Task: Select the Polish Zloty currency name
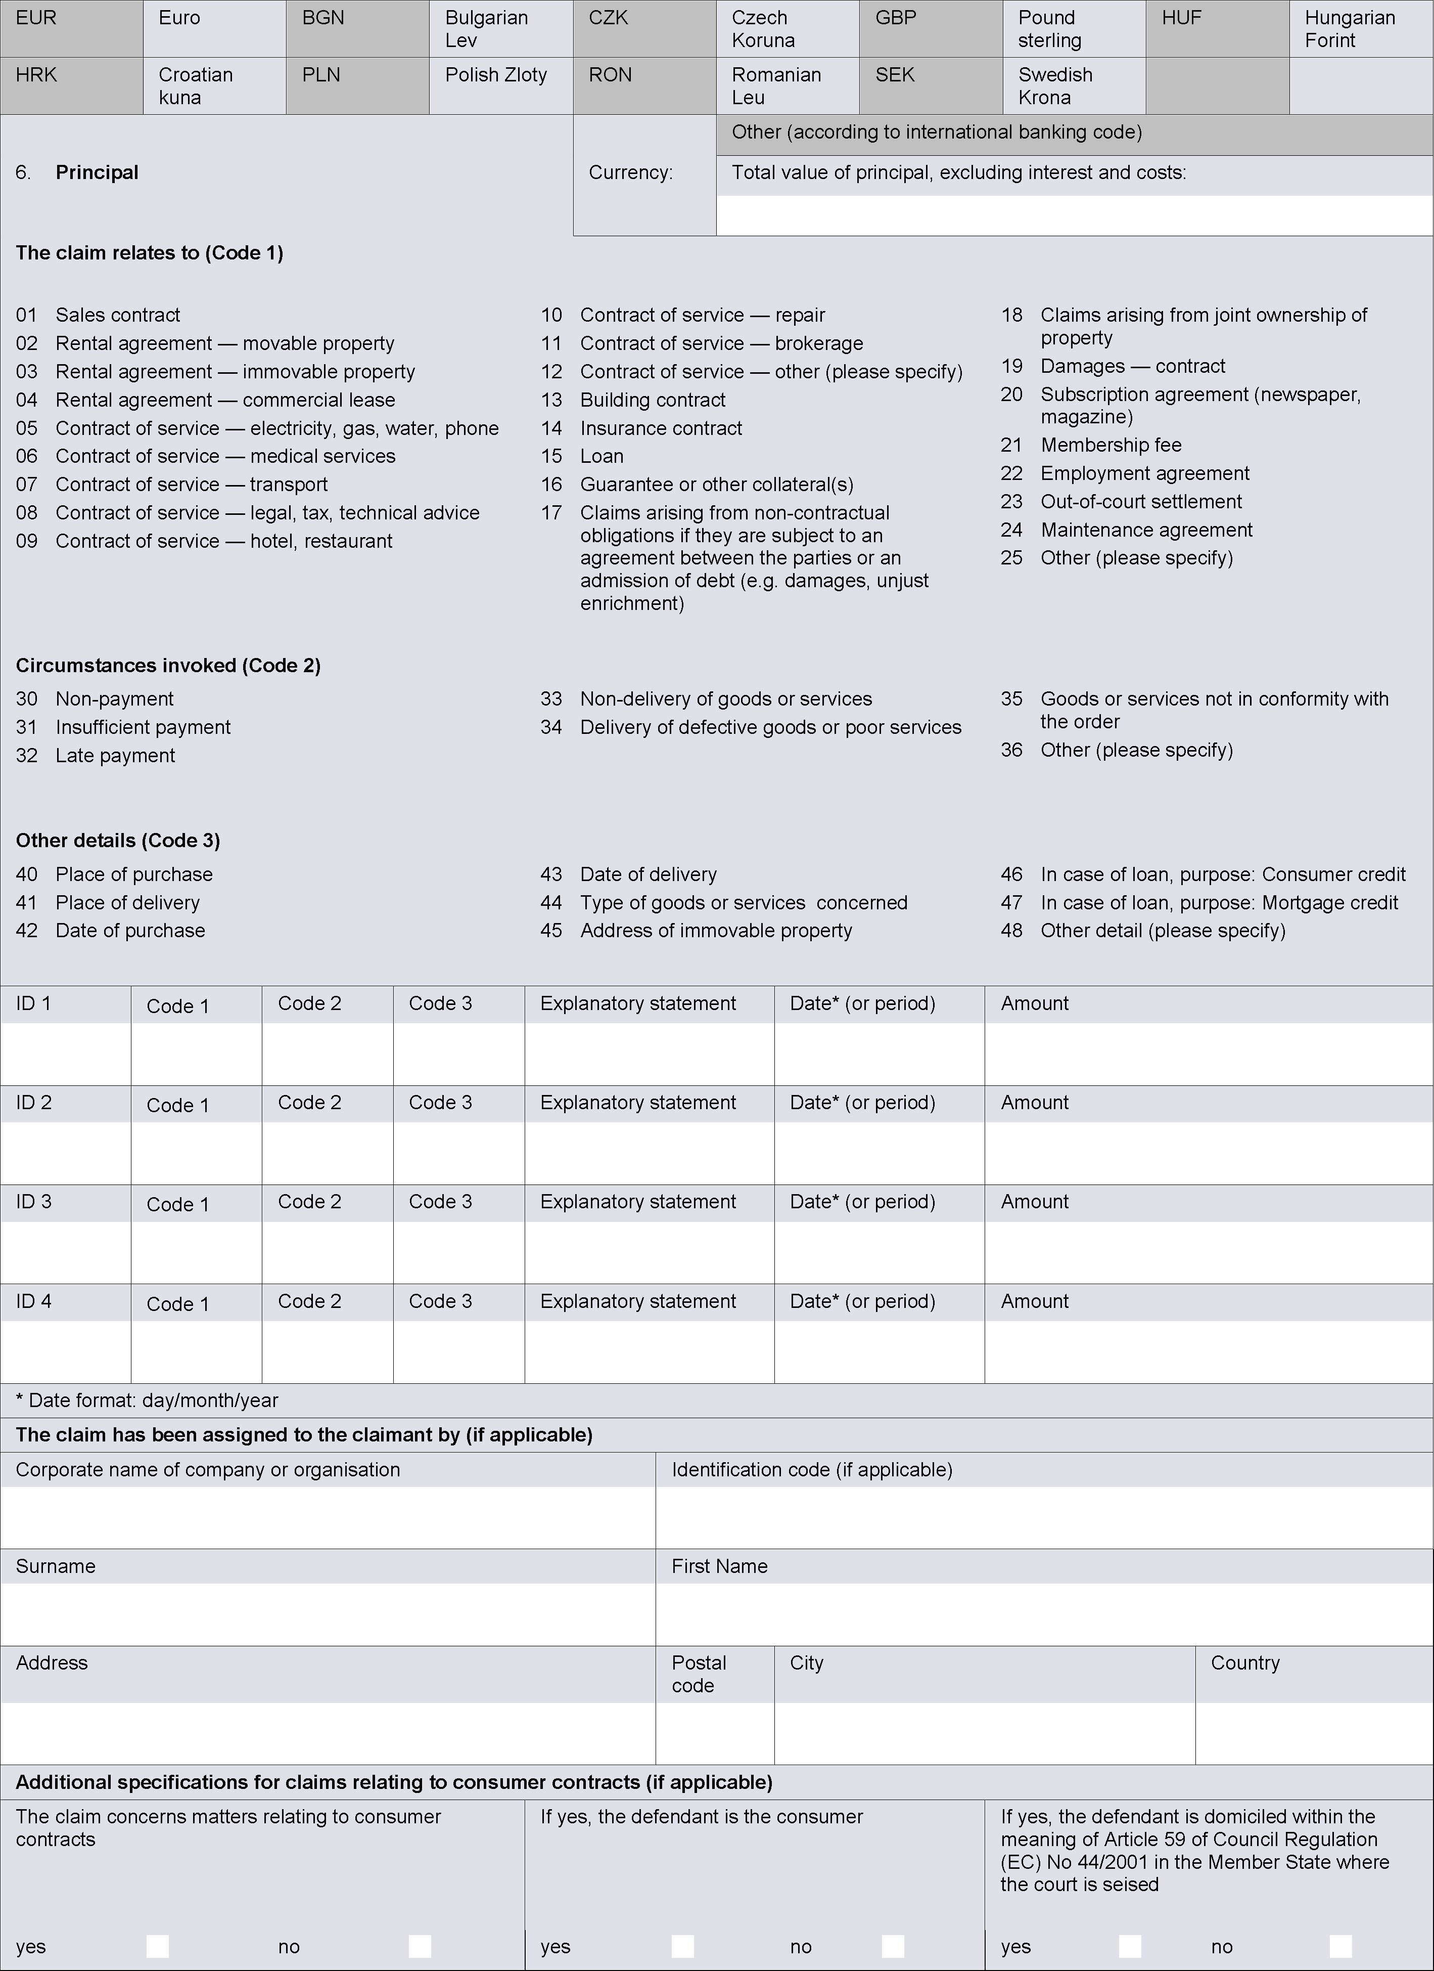point(496,75)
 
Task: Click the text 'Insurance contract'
point(661,428)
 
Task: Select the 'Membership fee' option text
point(1111,446)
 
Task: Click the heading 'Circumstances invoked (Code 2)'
point(168,666)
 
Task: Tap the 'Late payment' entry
point(115,756)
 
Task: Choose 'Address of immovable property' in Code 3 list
point(716,931)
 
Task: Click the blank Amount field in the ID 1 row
point(1208,1054)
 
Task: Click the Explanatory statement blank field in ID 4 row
point(649,1351)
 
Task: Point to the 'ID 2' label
point(34,1103)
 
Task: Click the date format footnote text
point(147,1400)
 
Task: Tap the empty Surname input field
point(328,1614)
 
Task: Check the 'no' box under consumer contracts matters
point(420,1946)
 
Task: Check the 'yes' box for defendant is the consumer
point(683,1946)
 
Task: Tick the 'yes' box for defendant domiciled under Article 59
point(1129,1946)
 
